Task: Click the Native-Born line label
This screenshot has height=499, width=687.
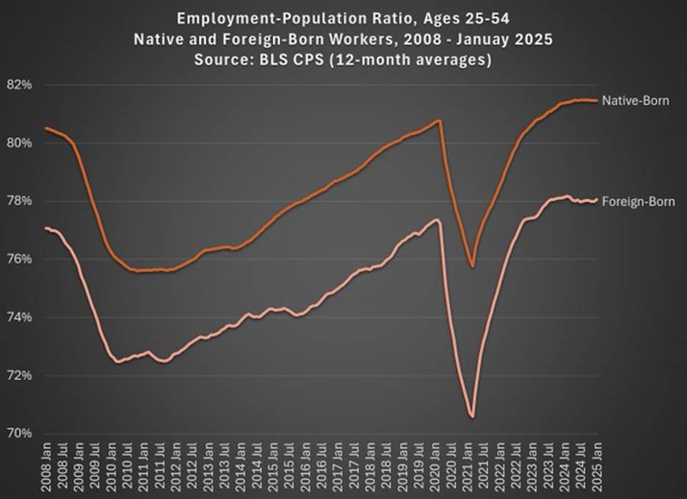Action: tap(635, 101)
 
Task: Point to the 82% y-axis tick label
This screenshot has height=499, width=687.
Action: tap(20, 85)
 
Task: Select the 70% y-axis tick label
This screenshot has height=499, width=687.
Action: tap(20, 433)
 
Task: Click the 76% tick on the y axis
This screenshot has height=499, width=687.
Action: tap(20, 259)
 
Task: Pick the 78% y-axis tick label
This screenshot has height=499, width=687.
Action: tap(20, 201)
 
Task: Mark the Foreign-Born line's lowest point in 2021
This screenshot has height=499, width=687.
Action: tap(472, 417)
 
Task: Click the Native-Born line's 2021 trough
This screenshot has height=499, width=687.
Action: tap(472, 266)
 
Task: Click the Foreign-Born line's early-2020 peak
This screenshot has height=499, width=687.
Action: tap(437, 219)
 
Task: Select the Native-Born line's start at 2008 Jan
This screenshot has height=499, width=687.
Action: tap(46, 128)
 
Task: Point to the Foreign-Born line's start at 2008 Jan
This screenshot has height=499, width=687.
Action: tap(46, 228)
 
